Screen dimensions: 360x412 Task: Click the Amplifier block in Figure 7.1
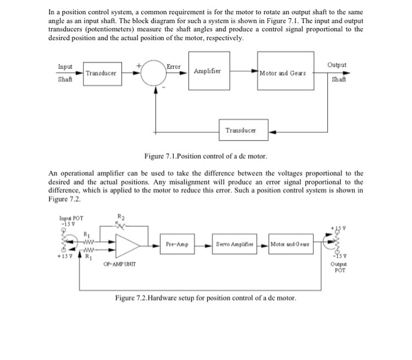tap(208, 71)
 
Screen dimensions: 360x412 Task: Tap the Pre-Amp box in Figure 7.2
tap(178, 244)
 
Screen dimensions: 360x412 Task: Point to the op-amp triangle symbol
tap(127, 243)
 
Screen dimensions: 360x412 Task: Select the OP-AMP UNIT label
tap(121, 263)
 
